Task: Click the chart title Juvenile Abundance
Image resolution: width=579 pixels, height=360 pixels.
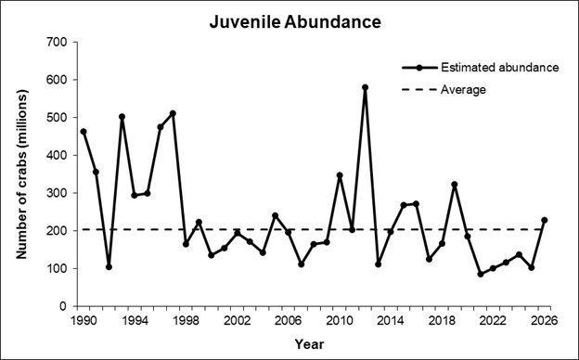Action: [x=295, y=21]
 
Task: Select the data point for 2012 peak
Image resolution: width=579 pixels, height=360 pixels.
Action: [x=366, y=87]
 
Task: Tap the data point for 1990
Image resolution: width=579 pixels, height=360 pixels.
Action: [x=84, y=132]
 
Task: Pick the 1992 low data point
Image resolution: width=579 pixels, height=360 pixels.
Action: [x=109, y=266]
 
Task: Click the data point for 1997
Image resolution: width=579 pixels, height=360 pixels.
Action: [x=173, y=113]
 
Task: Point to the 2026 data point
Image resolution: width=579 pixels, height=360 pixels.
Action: [x=545, y=220]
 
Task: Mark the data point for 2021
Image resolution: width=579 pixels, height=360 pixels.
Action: [x=481, y=274]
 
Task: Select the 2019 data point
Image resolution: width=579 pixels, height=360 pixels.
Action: [x=455, y=185]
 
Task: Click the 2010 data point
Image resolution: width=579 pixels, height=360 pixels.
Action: [x=340, y=175]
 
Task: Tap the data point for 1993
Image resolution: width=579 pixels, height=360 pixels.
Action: [x=122, y=117]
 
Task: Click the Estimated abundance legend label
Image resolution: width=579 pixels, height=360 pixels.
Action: [x=500, y=68]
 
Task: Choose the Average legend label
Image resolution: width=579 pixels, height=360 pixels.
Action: [x=463, y=90]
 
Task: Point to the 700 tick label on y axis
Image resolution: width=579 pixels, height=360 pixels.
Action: [x=58, y=42]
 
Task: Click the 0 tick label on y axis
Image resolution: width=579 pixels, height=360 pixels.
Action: [x=63, y=306]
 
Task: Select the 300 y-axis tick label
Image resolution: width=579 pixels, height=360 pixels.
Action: [x=58, y=193]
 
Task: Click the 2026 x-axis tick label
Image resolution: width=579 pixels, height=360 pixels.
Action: [x=545, y=320]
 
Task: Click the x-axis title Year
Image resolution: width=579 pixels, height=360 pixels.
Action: [x=309, y=344]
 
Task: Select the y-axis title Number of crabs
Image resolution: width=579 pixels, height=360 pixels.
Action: [x=22, y=174]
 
